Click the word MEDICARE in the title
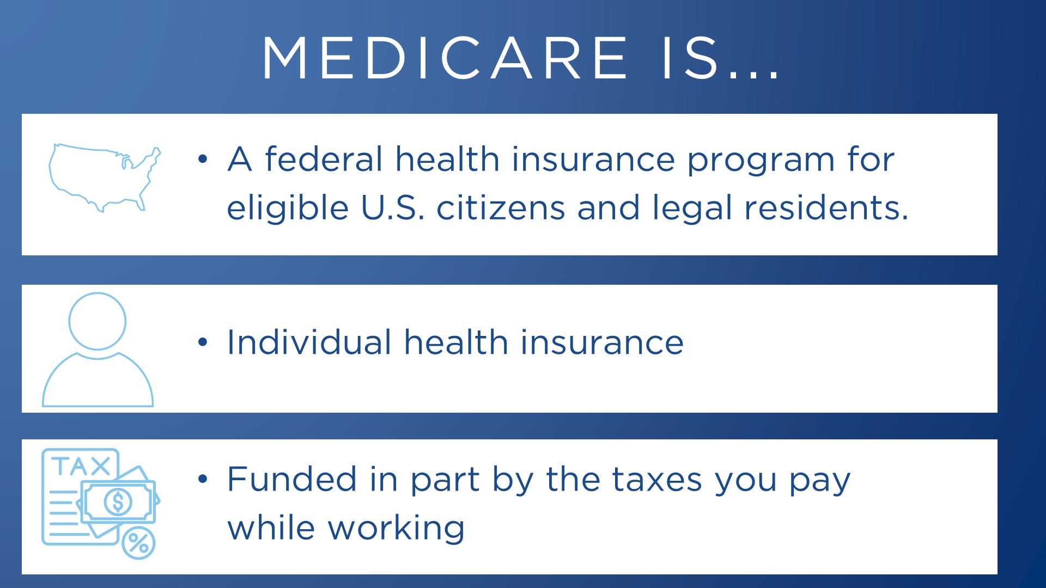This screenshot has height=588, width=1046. click(x=445, y=58)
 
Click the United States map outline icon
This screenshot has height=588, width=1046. click(x=105, y=177)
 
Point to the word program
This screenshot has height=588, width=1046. click(x=761, y=162)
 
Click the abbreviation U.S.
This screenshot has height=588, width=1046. click(x=392, y=207)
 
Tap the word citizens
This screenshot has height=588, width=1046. click(x=501, y=207)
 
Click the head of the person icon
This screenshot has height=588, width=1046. click(x=98, y=321)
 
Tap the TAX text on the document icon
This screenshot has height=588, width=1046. click(x=81, y=467)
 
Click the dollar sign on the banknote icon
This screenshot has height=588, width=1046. click(x=118, y=501)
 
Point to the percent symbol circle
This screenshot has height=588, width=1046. click(x=138, y=543)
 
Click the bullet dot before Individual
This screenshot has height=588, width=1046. click(x=203, y=342)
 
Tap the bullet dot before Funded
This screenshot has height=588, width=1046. click(x=203, y=479)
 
